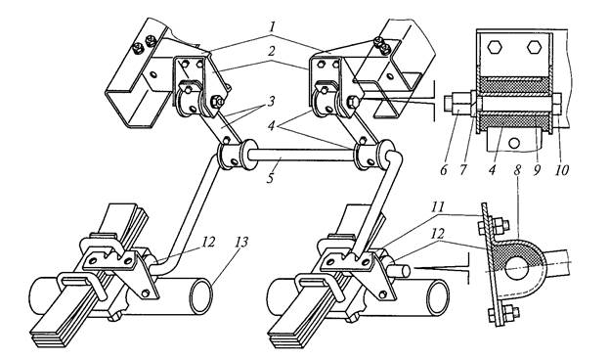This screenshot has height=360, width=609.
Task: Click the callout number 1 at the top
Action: (x=273, y=27)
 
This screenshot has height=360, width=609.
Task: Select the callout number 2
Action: (x=273, y=52)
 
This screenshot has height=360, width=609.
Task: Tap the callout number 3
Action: (x=270, y=102)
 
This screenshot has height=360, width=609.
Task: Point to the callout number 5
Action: (x=271, y=177)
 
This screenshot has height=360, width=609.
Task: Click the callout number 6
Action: (x=444, y=169)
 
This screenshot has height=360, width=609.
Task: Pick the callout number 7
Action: (x=462, y=169)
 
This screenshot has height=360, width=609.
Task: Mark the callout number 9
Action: (x=537, y=169)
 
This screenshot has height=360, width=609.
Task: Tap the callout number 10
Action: (x=562, y=169)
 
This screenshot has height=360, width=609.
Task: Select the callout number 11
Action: (x=438, y=206)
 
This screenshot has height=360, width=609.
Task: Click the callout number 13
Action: (x=240, y=243)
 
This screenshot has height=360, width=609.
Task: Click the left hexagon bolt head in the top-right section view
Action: (x=496, y=47)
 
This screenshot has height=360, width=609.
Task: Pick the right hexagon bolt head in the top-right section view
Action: (x=535, y=47)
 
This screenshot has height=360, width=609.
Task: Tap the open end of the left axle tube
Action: (x=200, y=296)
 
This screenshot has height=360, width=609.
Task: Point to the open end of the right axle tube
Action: (x=438, y=298)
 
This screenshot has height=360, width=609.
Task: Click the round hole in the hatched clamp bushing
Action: (x=517, y=268)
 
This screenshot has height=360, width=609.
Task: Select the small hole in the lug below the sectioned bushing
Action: (x=514, y=144)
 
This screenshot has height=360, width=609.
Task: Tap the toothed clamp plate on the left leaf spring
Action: (x=109, y=258)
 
